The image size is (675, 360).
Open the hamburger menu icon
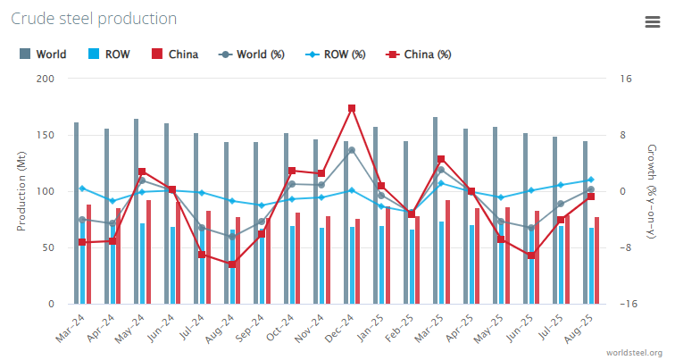(x=652, y=23)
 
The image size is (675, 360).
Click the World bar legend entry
(x=43, y=54)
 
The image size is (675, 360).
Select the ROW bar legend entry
(x=109, y=54)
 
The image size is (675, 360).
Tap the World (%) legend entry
(x=252, y=54)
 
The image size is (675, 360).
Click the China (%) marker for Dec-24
(x=352, y=108)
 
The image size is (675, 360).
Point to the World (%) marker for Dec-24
(x=352, y=150)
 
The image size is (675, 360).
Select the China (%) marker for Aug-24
(x=231, y=264)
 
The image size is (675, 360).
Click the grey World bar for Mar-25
(x=436, y=211)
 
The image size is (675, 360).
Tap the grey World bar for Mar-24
(x=76, y=213)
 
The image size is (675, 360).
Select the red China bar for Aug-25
(x=596, y=260)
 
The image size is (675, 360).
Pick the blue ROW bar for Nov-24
(x=321, y=265)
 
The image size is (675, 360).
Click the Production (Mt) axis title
(x=21, y=191)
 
